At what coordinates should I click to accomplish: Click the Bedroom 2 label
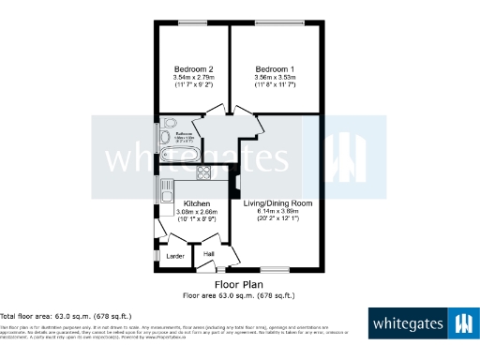tap(194, 69)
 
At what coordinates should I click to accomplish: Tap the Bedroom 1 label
tap(276, 69)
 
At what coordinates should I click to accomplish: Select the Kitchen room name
tap(196, 203)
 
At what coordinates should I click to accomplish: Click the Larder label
tap(174, 255)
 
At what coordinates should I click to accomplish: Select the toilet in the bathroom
tap(169, 125)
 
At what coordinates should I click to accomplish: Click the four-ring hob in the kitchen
tap(203, 172)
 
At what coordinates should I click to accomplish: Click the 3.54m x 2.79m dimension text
tap(194, 78)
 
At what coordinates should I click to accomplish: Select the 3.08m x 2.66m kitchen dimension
tap(196, 212)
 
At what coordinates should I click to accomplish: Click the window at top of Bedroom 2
tap(194, 22)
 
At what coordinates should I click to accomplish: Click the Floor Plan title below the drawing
tap(238, 284)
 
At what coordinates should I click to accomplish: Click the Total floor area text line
tap(66, 317)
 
